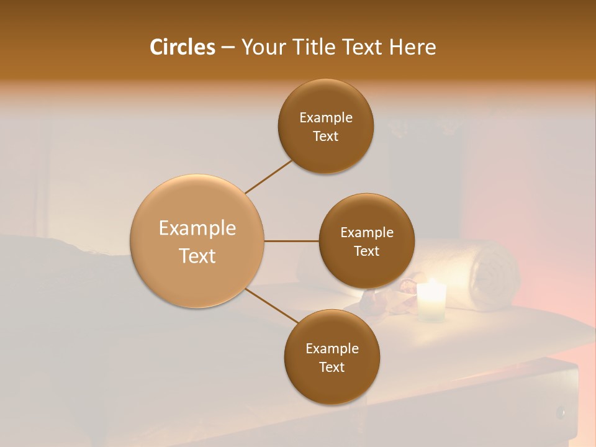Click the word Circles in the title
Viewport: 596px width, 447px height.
point(183,47)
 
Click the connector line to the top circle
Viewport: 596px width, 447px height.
point(268,176)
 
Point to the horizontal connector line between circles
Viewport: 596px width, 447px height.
point(292,241)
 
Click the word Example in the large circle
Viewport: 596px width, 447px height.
point(197,228)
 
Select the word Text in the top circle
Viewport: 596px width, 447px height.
point(326,137)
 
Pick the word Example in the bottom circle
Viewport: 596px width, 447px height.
point(332,349)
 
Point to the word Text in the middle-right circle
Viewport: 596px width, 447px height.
point(366,251)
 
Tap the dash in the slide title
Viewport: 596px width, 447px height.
point(228,48)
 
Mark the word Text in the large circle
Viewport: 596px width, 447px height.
point(197,256)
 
